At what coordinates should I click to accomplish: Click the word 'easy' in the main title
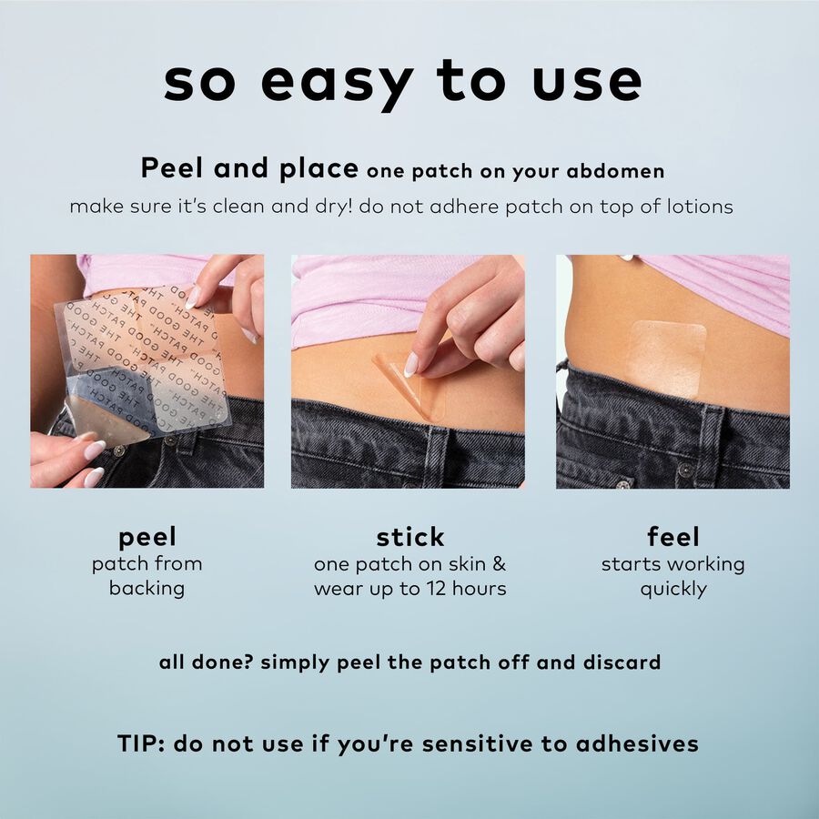coord(333,82)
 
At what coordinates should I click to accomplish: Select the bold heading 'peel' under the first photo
coord(147,536)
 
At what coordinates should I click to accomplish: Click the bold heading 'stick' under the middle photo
coord(409,536)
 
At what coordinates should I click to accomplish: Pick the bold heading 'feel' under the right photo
coord(672,536)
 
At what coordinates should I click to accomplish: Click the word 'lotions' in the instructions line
coord(699,207)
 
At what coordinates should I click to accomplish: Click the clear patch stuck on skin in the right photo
coord(667,359)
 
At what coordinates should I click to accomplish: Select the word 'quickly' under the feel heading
coord(672,589)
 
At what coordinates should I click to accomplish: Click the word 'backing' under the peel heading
coord(147,589)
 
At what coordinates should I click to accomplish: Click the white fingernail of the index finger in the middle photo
coord(412,364)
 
